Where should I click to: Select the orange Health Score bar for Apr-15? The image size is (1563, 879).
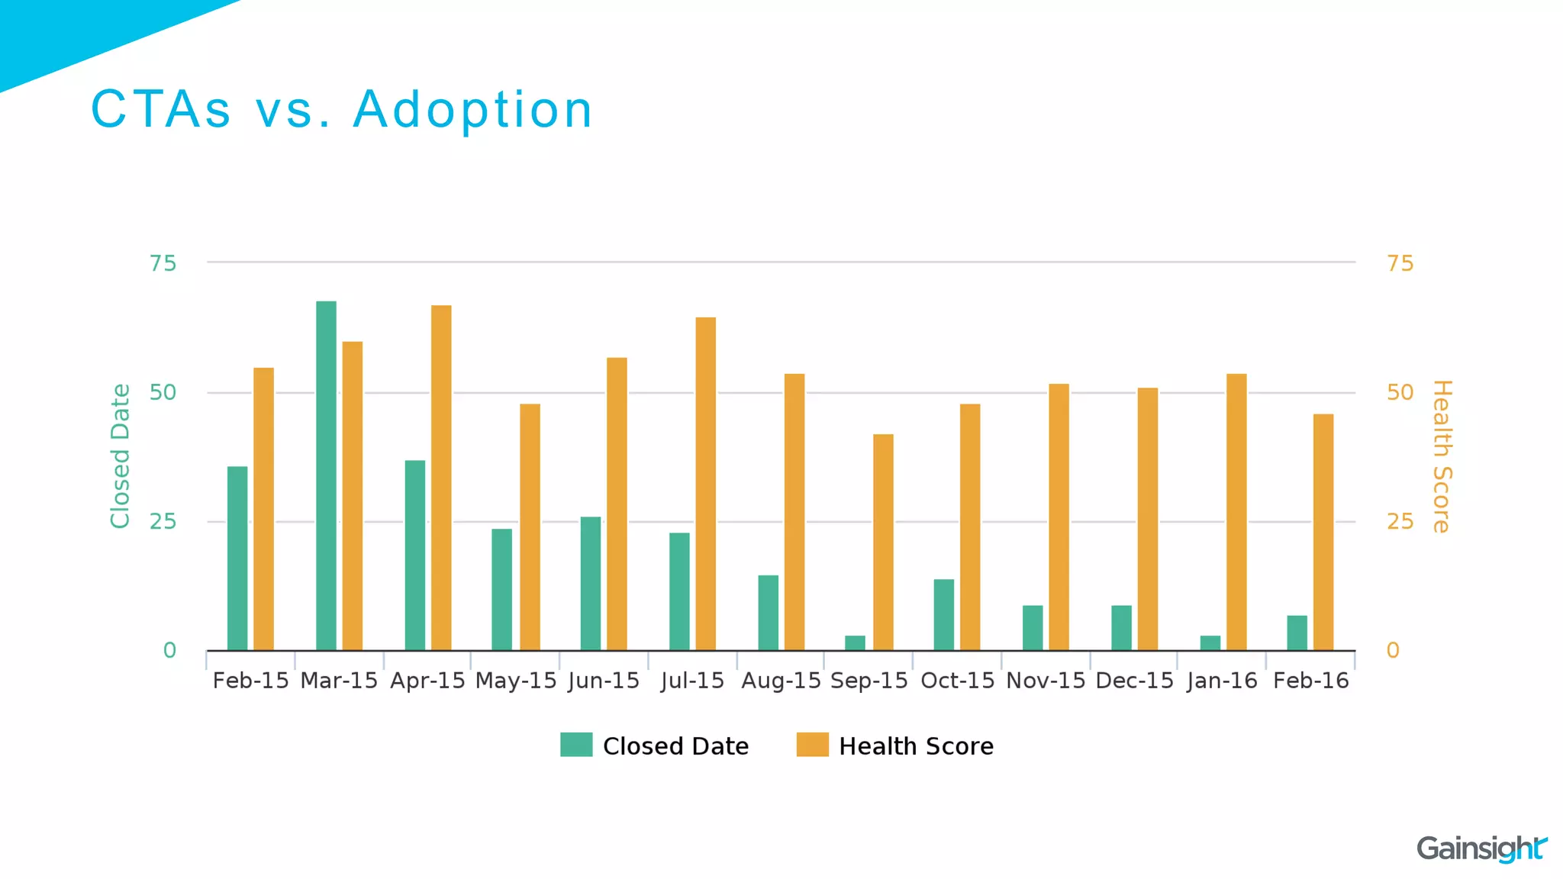pos(441,478)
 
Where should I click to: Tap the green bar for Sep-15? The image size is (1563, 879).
pos(855,642)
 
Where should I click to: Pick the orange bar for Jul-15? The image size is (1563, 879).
pos(705,484)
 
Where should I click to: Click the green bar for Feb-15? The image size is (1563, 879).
pos(237,558)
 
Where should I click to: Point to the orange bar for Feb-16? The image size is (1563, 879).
pos(1323,532)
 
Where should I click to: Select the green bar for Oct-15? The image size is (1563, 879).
pos(943,614)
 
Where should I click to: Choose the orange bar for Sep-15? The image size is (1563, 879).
pos(883,542)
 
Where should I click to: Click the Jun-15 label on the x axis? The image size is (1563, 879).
pos(604,681)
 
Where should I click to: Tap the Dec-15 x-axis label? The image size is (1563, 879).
pos(1134,681)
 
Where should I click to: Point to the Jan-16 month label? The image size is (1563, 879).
pos(1222,681)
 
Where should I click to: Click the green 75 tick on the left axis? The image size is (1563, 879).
pos(163,264)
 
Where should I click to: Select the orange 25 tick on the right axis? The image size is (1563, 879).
pos(1400,522)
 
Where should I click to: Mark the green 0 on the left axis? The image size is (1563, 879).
pos(169,651)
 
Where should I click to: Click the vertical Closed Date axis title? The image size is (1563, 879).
pos(121,456)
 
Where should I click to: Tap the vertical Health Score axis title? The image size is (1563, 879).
pos(1441,456)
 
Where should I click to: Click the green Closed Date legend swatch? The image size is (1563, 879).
pos(576,745)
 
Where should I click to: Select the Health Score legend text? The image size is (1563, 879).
pos(916,746)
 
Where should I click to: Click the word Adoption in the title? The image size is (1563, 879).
pos(472,110)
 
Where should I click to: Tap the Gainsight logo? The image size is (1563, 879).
pos(1481,848)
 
